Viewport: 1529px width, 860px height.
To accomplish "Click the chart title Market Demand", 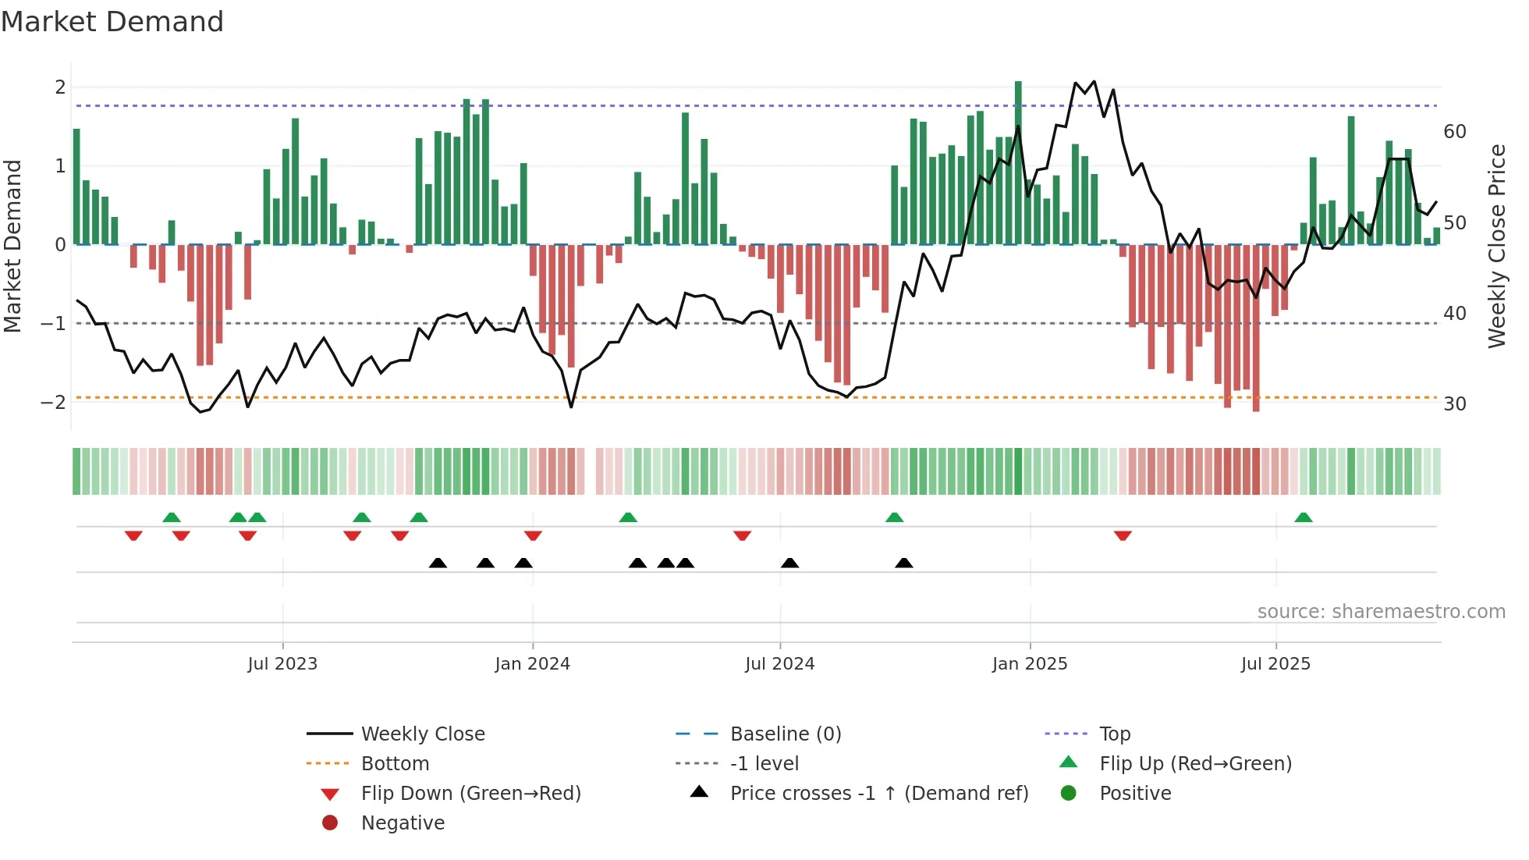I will tap(112, 22).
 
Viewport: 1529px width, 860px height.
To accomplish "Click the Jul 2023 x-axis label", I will tap(282, 664).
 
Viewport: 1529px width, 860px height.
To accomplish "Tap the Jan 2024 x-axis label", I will tap(532, 664).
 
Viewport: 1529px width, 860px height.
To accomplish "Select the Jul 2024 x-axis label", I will tap(779, 664).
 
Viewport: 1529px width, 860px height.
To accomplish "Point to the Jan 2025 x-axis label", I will tap(1030, 664).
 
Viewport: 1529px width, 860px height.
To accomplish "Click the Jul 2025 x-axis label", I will tap(1275, 664).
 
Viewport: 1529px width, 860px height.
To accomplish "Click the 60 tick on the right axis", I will tap(1455, 132).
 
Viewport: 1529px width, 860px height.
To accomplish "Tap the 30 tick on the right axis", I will tap(1455, 404).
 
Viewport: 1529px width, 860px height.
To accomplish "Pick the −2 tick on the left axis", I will tap(53, 403).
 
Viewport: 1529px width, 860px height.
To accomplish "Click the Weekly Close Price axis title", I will tap(1496, 246).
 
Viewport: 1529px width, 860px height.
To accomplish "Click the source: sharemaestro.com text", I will tap(1381, 612).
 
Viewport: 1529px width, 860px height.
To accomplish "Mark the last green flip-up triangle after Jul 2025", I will tap(1304, 517).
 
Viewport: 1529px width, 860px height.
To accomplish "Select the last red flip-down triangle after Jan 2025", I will tap(1123, 535).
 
